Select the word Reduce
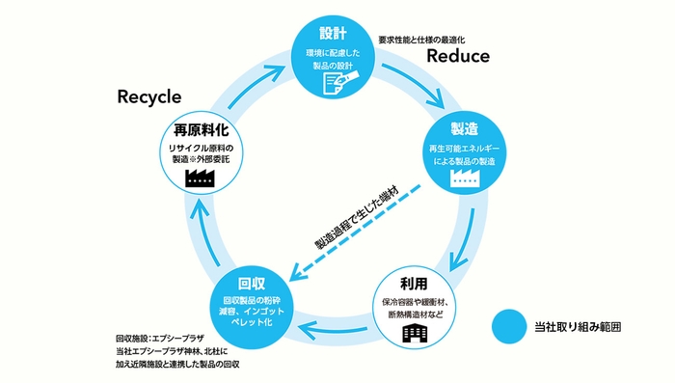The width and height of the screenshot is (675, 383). pos(458,56)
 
